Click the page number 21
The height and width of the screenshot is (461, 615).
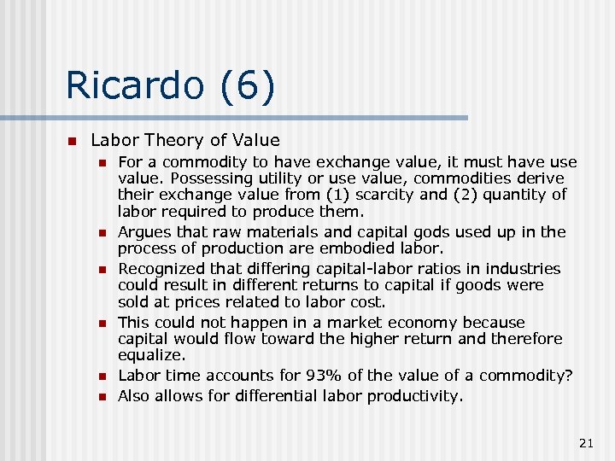click(x=586, y=442)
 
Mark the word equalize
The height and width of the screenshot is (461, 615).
click(x=151, y=355)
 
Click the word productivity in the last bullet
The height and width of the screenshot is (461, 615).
click(x=419, y=395)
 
